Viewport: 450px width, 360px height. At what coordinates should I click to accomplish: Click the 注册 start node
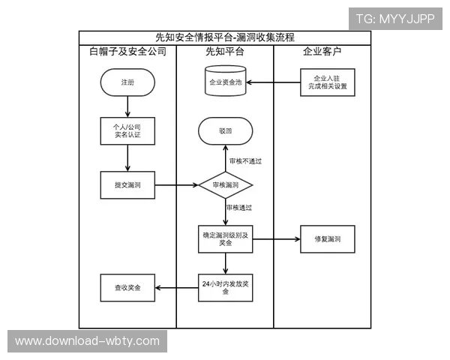pyautogui.click(x=127, y=82)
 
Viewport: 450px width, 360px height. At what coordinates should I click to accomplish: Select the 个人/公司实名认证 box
pyautogui.click(x=127, y=132)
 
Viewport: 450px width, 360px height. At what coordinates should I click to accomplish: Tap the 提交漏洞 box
pyautogui.click(x=127, y=184)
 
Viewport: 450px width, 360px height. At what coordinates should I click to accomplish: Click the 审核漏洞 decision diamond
pyautogui.click(x=225, y=184)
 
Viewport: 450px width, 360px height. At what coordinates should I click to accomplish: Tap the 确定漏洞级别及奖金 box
pyautogui.click(x=225, y=239)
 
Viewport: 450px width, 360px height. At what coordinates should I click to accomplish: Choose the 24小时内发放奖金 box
pyautogui.click(x=225, y=287)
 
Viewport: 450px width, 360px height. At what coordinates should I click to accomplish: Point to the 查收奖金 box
pyautogui.click(x=127, y=287)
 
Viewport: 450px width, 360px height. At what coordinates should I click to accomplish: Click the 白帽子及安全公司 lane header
pyautogui.click(x=127, y=52)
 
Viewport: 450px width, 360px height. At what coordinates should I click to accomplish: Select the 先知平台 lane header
pyautogui.click(x=225, y=52)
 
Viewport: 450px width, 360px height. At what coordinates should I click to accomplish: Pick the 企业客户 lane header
pyautogui.click(x=322, y=52)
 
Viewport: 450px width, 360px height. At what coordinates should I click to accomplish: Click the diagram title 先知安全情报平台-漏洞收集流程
pyautogui.click(x=225, y=37)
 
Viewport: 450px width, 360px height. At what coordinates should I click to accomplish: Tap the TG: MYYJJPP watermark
pyautogui.click(x=394, y=19)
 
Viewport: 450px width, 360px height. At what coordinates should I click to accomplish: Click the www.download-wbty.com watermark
pyautogui.click(x=87, y=340)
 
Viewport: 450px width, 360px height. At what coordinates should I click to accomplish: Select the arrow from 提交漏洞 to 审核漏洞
pyautogui.click(x=175, y=184)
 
